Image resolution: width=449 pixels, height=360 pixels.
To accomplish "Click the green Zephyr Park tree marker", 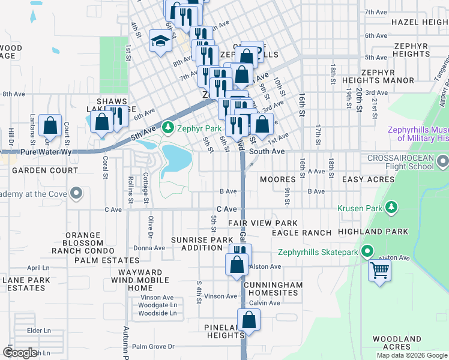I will (x=169, y=128).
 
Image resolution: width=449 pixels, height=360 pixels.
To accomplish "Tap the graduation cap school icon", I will (x=160, y=41).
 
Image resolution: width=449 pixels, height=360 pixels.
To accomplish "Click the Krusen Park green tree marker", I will (x=391, y=207).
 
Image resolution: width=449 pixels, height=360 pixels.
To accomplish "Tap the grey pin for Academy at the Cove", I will (x=76, y=193).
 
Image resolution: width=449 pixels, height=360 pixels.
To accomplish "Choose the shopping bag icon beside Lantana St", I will (x=50, y=126).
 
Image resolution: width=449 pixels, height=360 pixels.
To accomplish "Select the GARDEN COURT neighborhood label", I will (x=46, y=170).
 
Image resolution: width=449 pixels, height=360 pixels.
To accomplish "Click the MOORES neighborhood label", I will (x=277, y=179).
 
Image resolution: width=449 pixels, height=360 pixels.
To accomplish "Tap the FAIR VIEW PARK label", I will (x=263, y=223).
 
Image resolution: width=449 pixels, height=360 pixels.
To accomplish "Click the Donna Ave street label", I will (x=149, y=248).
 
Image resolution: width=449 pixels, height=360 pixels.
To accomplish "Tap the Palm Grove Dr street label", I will (x=153, y=347).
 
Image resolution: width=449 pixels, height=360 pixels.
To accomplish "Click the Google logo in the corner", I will (x=20, y=352).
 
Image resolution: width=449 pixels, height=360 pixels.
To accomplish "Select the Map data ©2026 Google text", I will (x=412, y=355).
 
